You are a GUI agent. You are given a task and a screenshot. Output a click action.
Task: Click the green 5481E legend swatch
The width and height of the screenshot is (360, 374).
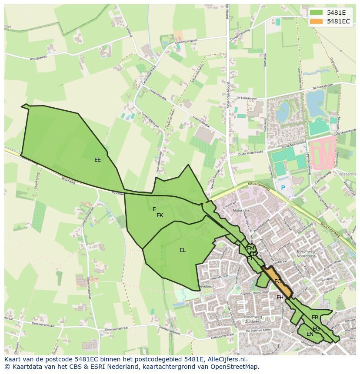point(316,13)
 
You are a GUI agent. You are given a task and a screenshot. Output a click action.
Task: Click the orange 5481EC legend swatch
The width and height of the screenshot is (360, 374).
point(316,21)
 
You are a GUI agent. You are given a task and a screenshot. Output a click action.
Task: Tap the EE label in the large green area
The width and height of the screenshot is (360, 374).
point(97,160)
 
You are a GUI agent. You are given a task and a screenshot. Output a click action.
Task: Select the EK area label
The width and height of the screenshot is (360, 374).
point(160,215)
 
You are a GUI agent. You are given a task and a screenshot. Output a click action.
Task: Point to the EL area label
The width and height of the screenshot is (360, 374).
point(183,250)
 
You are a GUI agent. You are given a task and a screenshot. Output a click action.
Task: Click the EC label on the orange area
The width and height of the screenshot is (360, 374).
point(277,281)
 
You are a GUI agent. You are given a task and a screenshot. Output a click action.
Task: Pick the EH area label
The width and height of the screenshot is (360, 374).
point(280,298)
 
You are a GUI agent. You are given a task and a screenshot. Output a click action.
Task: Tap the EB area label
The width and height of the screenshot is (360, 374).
point(315,318)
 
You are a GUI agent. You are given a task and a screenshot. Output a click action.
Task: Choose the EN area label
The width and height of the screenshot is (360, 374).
point(310,334)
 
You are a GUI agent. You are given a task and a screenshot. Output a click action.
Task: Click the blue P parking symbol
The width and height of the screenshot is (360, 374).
point(283,188)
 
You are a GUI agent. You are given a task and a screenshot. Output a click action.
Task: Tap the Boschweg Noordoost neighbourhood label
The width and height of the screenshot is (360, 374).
point(308,254)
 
